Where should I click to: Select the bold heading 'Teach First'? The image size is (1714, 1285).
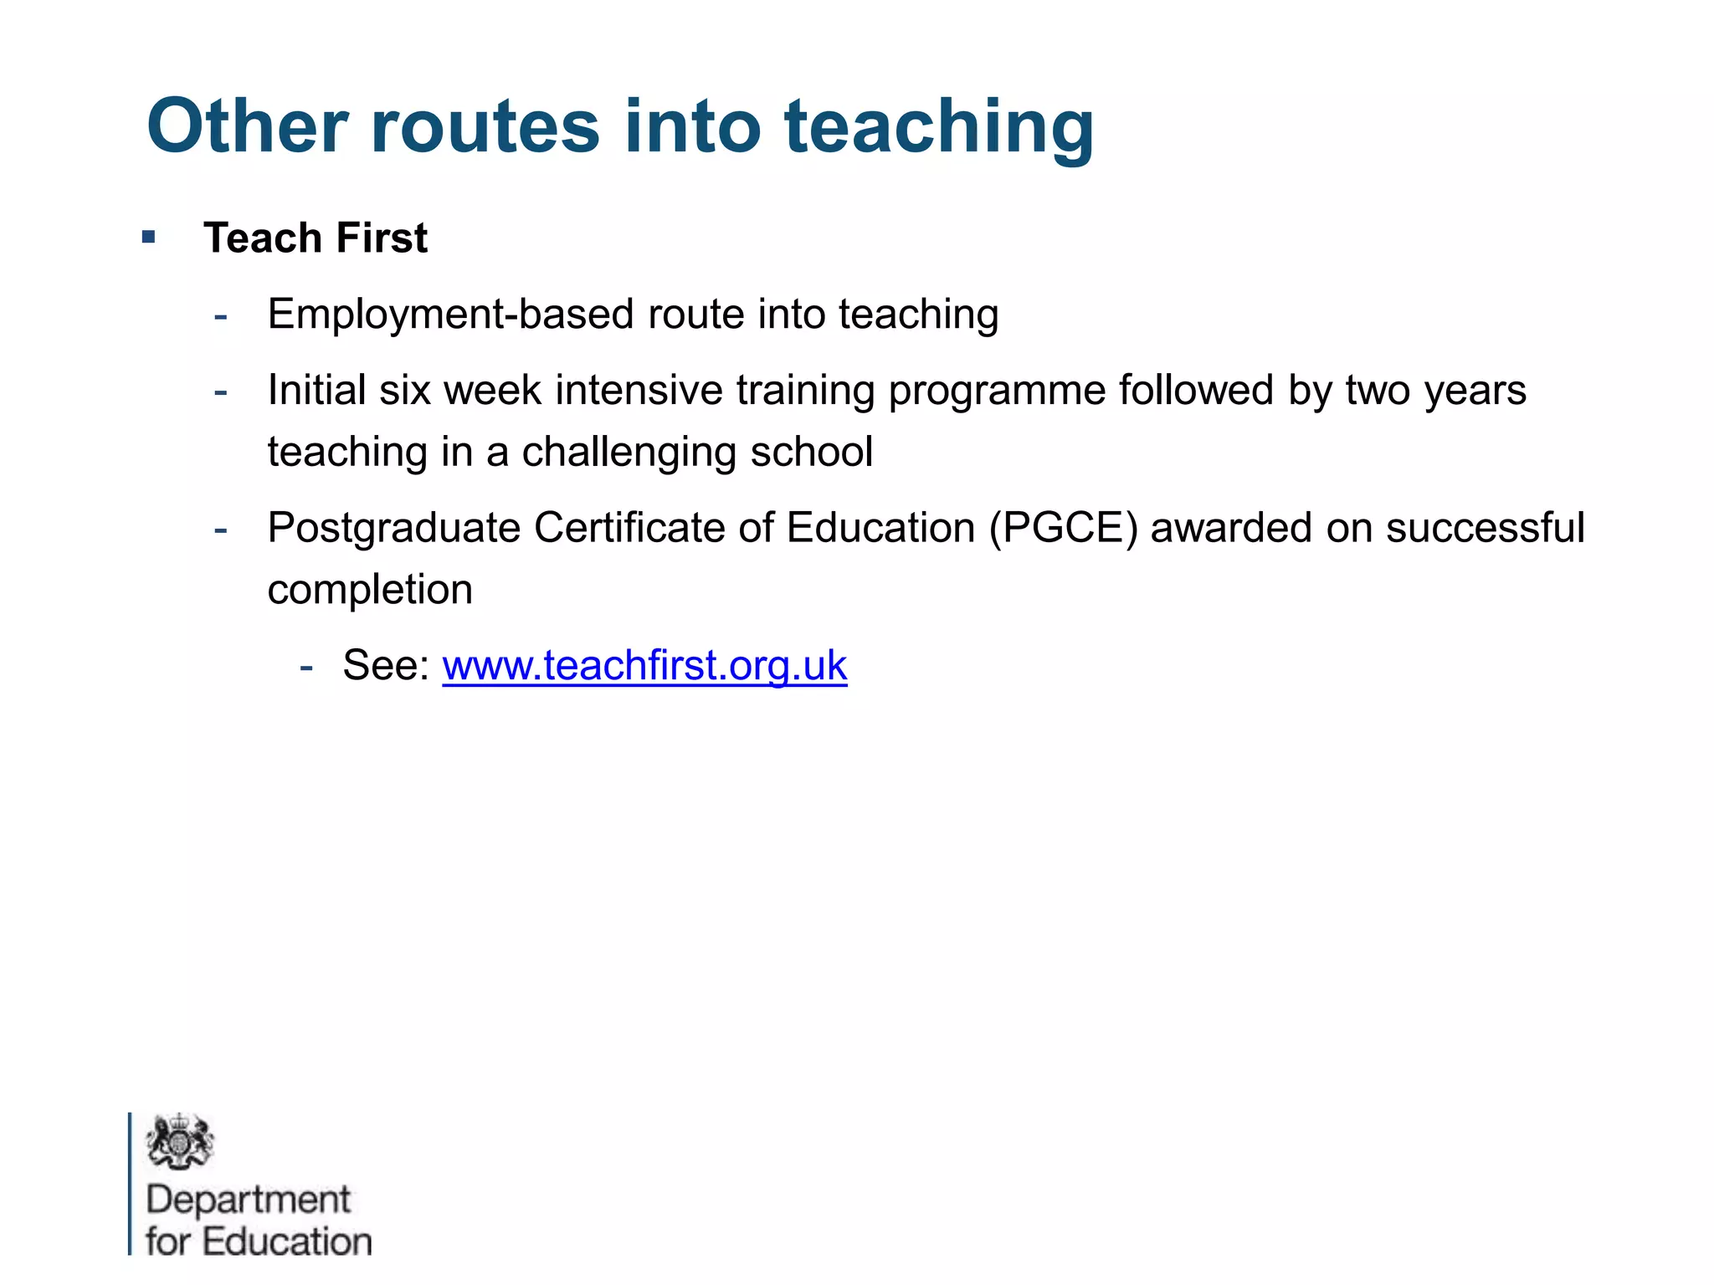(x=316, y=238)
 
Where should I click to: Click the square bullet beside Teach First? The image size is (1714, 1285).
(x=149, y=237)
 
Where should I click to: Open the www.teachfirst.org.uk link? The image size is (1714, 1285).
(x=644, y=666)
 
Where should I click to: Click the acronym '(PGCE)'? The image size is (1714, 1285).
(x=1064, y=529)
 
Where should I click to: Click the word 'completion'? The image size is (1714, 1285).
(x=370, y=590)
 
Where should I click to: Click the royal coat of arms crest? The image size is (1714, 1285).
(x=179, y=1141)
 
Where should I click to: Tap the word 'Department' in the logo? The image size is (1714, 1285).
(x=249, y=1201)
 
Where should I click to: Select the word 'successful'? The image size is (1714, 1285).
(x=1485, y=529)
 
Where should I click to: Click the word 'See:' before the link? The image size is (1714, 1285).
(x=386, y=666)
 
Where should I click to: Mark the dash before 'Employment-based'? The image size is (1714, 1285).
(x=221, y=317)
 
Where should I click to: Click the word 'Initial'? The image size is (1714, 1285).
(x=316, y=391)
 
